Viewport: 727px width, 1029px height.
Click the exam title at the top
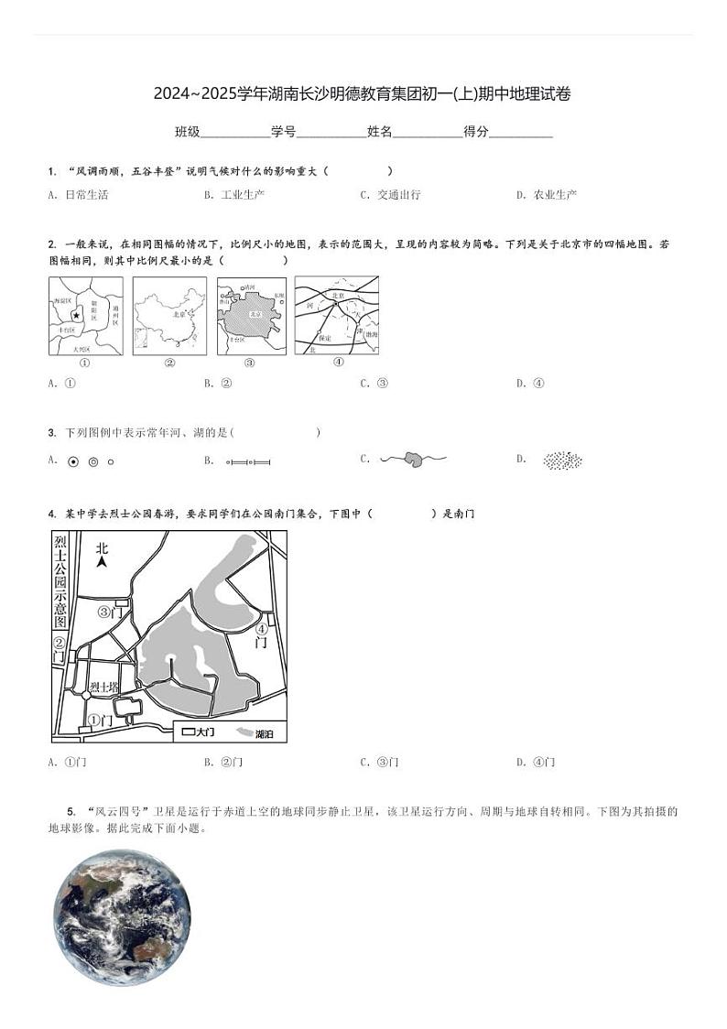tap(363, 93)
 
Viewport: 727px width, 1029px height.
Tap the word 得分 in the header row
tap(476, 132)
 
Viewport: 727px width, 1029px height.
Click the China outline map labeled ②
tap(169, 316)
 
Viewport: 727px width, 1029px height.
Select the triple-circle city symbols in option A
tap(92, 461)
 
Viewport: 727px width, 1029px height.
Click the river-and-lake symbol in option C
tap(413, 460)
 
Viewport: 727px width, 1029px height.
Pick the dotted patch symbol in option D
tap(562, 460)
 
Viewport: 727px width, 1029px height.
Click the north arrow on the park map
tap(102, 555)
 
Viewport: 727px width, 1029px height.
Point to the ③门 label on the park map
tap(110, 612)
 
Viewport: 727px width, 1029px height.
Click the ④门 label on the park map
tap(261, 635)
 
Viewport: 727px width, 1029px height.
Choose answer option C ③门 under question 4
tap(380, 763)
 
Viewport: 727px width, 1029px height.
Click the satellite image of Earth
tap(122, 916)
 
